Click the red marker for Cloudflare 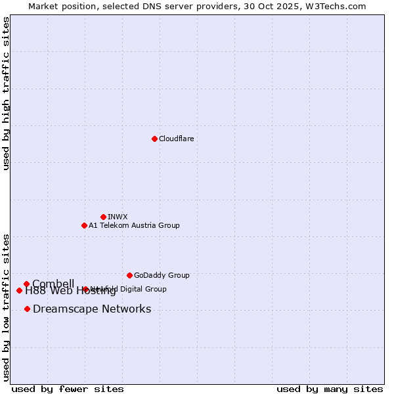(x=154, y=139)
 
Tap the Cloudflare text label (x=176, y=139)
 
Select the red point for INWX (x=103, y=217)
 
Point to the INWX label (x=118, y=217)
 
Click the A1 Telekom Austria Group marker (x=84, y=225)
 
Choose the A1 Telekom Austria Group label (x=134, y=225)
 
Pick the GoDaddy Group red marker (x=129, y=275)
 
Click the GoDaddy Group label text (x=162, y=275)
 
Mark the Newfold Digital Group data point (x=85, y=289)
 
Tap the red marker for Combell (x=26, y=284)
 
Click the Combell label (x=53, y=284)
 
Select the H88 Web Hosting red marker (x=19, y=290)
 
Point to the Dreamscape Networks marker (x=27, y=309)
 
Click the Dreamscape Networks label (x=92, y=309)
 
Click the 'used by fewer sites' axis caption (x=68, y=389)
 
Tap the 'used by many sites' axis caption (x=330, y=389)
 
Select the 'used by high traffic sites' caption (x=6, y=93)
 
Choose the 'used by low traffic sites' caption (x=6, y=307)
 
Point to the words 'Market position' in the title (x=59, y=6)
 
